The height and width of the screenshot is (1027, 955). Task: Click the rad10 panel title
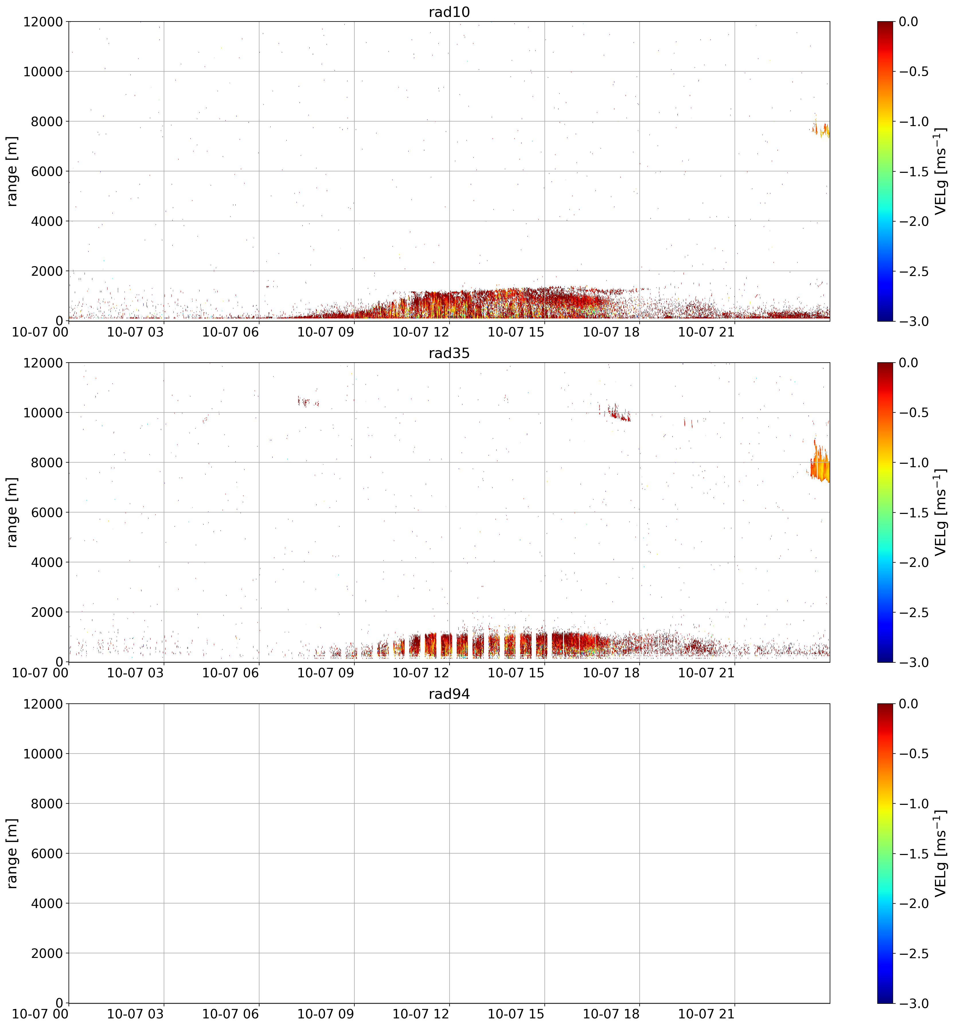pos(449,12)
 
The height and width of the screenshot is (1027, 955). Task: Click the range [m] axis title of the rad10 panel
pos(12,171)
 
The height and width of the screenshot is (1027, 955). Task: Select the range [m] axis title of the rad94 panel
pos(12,853)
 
